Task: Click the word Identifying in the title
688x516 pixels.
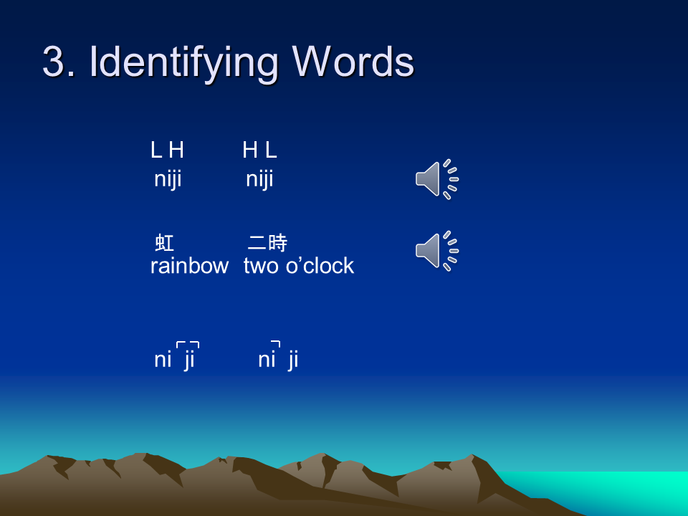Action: pos(184,64)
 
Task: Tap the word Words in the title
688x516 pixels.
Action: pos(353,62)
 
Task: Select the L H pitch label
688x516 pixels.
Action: pos(167,150)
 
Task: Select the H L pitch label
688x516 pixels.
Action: pos(259,150)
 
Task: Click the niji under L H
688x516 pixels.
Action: pos(168,179)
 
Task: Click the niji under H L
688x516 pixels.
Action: pos(259,179)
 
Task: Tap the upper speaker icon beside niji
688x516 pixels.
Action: pos(437,179)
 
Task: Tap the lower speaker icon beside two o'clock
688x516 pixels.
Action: pos(437,251)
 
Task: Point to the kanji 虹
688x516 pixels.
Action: pos(165,243)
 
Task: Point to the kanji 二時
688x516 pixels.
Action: pos(267,243)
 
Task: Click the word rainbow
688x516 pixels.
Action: pos(189,266)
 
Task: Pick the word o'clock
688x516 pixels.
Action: pos(320,266)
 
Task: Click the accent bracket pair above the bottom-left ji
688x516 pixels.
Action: pos(188,345)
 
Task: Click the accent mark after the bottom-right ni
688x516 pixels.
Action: pos(276,344)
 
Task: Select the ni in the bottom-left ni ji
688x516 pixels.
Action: pos(163,359)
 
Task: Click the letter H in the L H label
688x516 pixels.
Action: pos(176,150)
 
